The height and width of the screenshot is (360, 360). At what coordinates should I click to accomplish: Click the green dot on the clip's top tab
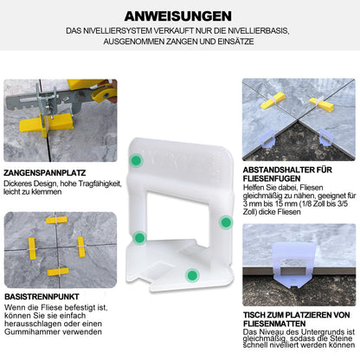(138, 161)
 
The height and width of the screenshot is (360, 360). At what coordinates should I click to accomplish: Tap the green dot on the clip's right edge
(226, 222)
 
